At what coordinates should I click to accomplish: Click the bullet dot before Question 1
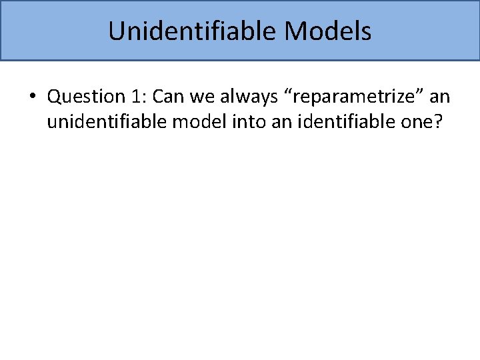[32, 97]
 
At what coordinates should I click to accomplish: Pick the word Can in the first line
[167, 97]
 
